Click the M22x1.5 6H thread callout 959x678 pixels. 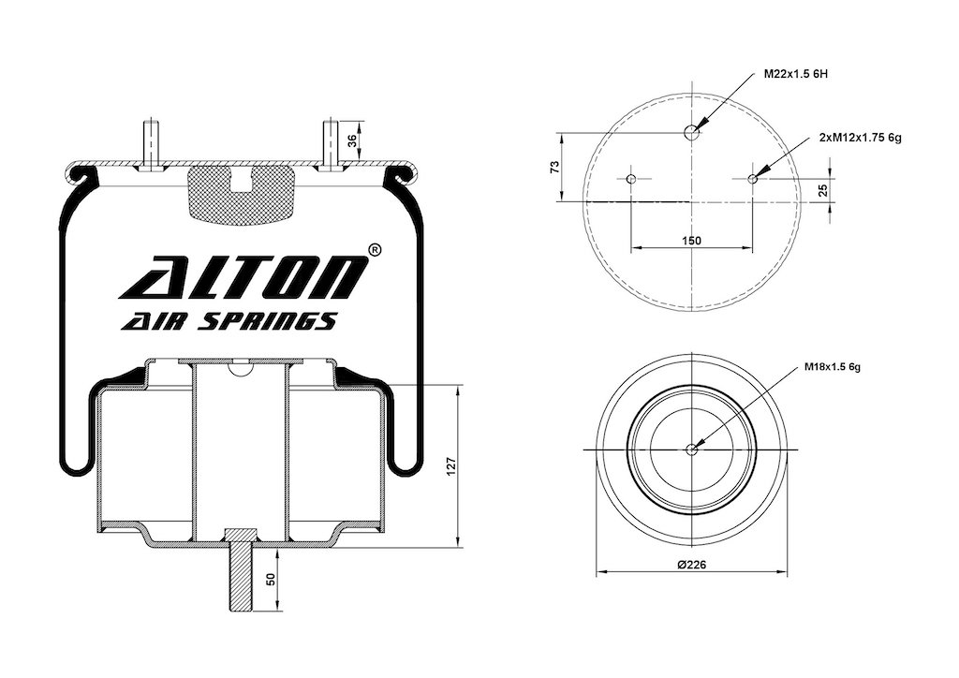click(796, 74)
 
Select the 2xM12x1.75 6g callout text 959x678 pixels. click(860, 139)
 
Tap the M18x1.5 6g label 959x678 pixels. click(833, 367)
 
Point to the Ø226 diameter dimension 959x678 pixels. click(691, 565)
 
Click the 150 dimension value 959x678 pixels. click(691, 241)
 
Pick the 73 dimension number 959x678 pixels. click(555, 167)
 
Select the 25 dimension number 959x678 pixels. click(822, 190)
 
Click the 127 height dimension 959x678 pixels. click(450, 465)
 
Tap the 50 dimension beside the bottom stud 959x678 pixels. click(271, 579)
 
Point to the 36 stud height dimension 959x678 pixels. click(352, 141)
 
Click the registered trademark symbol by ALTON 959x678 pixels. click(375, 250)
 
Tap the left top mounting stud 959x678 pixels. click(151, 145)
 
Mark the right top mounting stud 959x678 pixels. click(331, 145)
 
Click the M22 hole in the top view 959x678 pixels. click(691, 131)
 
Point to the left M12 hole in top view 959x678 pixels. click(631, 179)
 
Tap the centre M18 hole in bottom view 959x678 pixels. click(691, 450)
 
